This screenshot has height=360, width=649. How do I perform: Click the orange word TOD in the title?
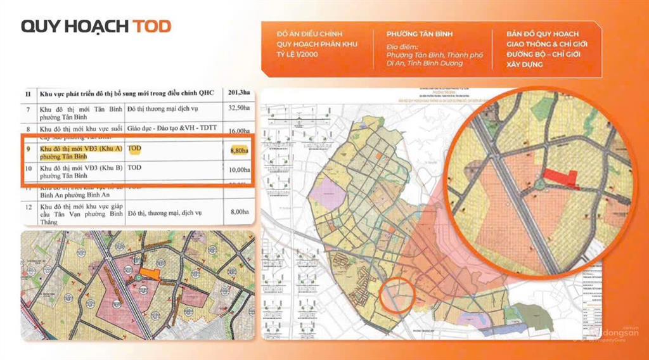151,26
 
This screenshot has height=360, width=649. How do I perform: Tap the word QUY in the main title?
39,26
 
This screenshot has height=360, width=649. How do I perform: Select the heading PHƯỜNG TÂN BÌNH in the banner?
420,34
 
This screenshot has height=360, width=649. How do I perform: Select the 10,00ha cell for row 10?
239,170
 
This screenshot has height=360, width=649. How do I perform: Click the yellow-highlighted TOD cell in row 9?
134,149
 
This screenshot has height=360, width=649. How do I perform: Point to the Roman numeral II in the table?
28,93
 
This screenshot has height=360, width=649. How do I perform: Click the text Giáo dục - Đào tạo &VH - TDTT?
172,129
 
